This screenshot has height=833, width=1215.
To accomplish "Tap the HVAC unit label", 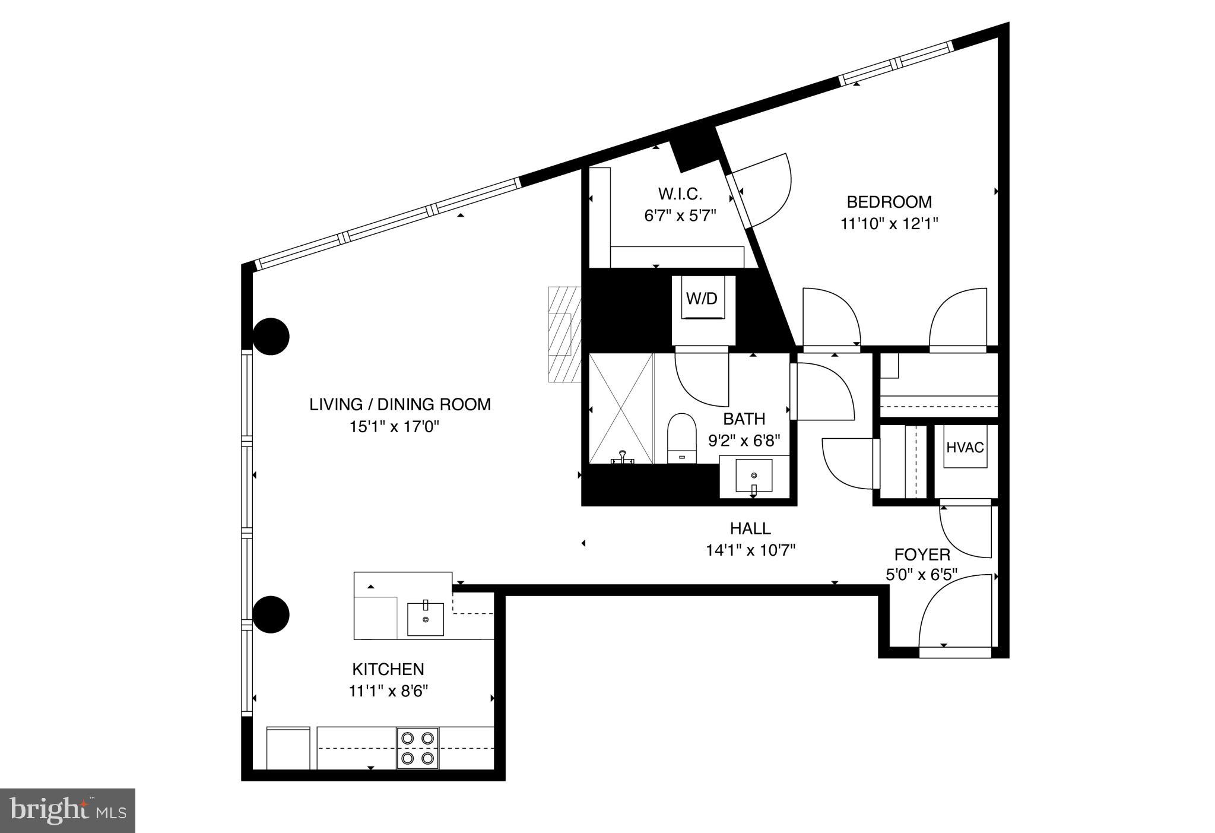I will tap(965, 447).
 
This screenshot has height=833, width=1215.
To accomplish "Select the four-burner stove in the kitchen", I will tap(418, 748).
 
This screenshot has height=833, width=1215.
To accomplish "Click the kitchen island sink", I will tap(425, 619).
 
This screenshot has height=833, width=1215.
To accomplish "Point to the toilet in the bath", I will tap(681, 438).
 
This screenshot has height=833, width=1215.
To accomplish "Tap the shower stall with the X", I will tap(620, 408).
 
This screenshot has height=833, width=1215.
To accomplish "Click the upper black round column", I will tap(271, 337).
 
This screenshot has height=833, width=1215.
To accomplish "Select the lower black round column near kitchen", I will tap(271, 615).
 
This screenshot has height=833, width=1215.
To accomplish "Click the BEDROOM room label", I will tap(889, 202).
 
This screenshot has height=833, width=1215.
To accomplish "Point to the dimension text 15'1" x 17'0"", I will tap(394, 427).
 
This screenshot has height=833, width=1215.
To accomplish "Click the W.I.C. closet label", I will tap(680, 194).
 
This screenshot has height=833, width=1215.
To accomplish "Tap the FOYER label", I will tap(922, 555).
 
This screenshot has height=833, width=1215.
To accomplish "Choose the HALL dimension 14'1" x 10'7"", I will tap(750, 550).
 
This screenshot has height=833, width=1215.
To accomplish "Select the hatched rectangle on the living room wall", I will tap(563, 334).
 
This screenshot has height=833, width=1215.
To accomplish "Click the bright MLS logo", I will tap(68, 810).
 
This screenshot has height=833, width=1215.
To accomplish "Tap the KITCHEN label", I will tap(388, 669).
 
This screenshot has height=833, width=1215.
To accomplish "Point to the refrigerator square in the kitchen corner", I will tap(288, 748).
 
